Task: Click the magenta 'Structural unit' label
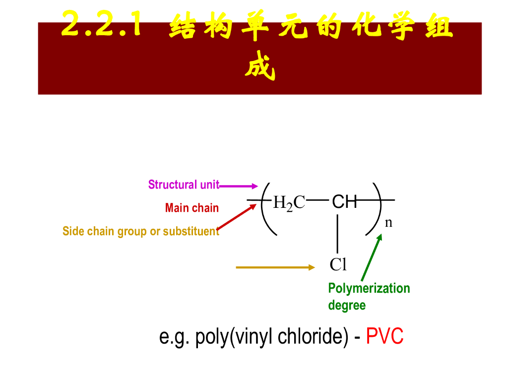[x=184, y=185]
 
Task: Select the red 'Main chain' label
[x=191, y=208]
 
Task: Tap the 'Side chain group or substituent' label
[x=140, y=232]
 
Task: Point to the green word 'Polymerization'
[x=369, y=289]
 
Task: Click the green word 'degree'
[x=347, y=305]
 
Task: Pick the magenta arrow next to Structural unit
[x=238, y=186]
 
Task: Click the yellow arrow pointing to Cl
[x=275, y=267]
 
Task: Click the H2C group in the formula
[x=289, y=202]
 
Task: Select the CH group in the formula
[x=344, y=201]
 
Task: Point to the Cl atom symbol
[x=338, y=265]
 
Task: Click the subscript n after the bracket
[x=388, y=223]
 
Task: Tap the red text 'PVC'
[x=384, y=337]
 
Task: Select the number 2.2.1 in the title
[x=102, y=24]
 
